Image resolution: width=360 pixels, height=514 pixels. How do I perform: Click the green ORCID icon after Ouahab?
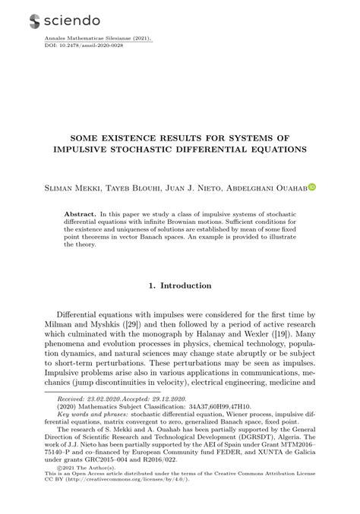311,186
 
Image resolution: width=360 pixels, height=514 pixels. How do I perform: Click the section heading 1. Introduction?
179,285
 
